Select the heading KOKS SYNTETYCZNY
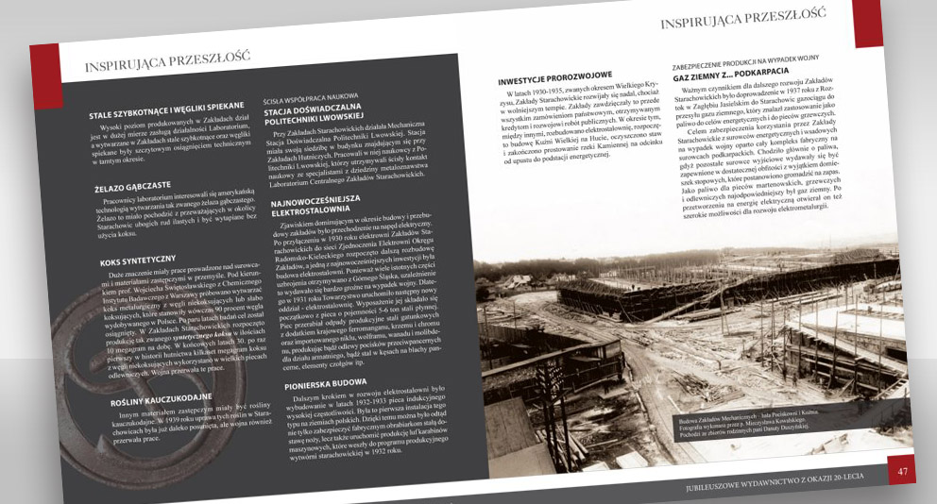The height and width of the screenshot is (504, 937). coord(138,259)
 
